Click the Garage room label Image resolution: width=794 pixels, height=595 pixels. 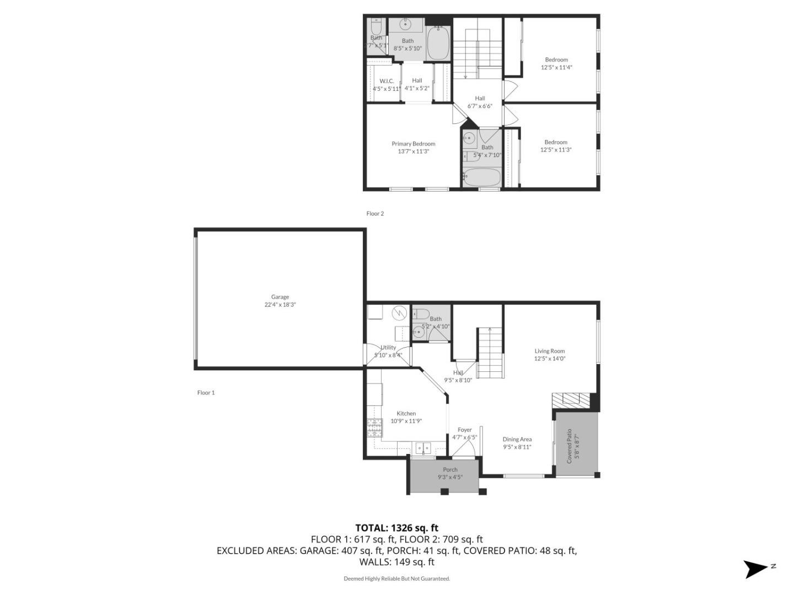[x=280, y=297]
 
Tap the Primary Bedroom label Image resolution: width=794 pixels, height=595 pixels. [x=413, y=144]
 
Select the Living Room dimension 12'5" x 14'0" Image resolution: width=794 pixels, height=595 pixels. [x=549, y=359]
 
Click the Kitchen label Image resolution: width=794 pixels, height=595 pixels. [x=406, y=413]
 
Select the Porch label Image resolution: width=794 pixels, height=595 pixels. [x=450, y=469]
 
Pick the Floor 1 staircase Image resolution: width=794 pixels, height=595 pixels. [x=490, y=353]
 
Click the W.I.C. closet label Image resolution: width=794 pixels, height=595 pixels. [x=387, y=81]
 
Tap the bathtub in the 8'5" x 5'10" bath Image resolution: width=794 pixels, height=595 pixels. [x=438, y=44]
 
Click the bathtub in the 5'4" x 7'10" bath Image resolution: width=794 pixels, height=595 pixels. [x=481, y=178]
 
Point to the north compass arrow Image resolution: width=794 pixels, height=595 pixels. [x=755, y=569]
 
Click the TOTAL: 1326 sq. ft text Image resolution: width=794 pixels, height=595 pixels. [x=396, y=528]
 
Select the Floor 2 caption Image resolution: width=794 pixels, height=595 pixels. [x=375, y=214]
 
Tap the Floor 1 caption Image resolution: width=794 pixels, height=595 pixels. [x=206, y=393]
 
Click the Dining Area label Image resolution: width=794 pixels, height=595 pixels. [x=517, y=439]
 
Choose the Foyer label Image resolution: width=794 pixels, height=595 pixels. [x=464, y=430]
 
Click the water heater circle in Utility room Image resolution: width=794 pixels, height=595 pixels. [x=399, y=313]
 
